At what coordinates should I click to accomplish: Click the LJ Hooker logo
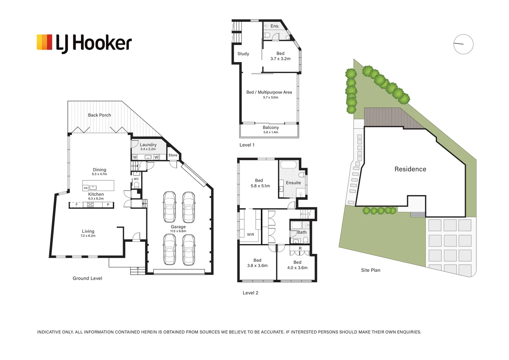[84, 43]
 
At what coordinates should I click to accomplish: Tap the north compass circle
[463, 44]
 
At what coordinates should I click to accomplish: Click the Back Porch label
[99, 115]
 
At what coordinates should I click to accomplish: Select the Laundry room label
[148, 145]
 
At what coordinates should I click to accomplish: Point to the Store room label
[173, 155]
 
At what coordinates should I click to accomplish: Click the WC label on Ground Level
[136, 179]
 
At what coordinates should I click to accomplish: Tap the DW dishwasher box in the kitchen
[86, 188]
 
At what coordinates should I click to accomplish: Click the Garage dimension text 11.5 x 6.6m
[178, 231]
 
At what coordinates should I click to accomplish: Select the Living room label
[88, 231]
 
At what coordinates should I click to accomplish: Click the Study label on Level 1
[243, 54]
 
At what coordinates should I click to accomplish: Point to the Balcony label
[270, 127]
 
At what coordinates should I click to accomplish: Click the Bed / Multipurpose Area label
[269, 92]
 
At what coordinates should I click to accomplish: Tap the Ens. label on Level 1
[274, 26]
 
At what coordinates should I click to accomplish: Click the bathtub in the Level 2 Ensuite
[288, 165]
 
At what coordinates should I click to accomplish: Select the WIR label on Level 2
[251, 235]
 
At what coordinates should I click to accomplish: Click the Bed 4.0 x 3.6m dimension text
[297, 268]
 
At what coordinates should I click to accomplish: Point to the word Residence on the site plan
[410, 169]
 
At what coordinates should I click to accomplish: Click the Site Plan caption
[370, 270]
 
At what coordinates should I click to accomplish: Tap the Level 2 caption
[250, 293]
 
